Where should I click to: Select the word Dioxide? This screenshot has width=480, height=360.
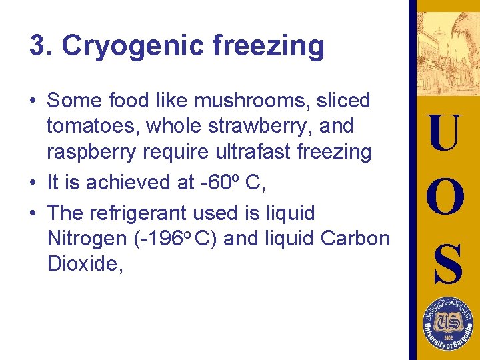(85, 263)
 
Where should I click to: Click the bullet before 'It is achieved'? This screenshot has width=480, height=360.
(33, 182)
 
